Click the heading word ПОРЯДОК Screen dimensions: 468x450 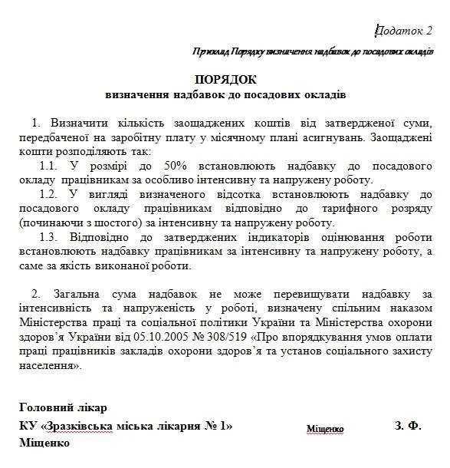(226, 80)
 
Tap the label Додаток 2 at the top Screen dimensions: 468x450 (405, 30)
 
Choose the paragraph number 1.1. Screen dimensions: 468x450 (48, 167)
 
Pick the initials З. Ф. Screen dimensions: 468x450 (409, 425)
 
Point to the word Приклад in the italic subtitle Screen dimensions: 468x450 (212, 51)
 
